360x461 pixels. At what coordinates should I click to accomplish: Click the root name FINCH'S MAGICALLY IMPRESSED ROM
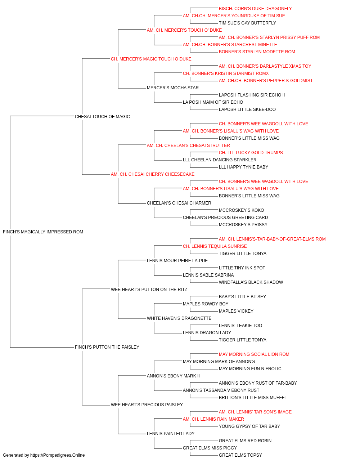(x=43, y=232)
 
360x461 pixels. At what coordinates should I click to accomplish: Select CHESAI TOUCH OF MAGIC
(x=102, y=116)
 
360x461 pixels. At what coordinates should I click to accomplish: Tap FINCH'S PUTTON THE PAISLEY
(x=107, y=347)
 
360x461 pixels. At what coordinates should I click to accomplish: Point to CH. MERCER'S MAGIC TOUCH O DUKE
(x=151, y=59)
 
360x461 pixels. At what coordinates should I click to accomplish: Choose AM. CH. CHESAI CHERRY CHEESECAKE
(x=153, y=174)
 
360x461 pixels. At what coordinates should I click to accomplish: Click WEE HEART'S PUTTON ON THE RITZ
(x=149, y=289)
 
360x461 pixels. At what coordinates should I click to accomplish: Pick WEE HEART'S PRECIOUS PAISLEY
(x=147, y=404)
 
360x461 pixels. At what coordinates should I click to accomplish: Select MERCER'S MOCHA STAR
(x=173, y=88)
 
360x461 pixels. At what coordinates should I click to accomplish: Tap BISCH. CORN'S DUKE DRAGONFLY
(x=255, y=9)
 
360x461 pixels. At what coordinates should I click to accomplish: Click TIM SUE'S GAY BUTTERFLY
(x=247, y=23)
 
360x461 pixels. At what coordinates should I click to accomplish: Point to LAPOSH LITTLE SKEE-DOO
(x=247, y=109)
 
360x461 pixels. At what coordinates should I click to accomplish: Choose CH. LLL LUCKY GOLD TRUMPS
(x=251, y=153)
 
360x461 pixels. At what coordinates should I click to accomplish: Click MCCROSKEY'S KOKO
(x=242, y=210)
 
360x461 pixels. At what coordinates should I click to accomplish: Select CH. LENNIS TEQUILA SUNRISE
(x=215, y=246)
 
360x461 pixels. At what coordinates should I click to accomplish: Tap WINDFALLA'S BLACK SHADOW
(x=251, y=282)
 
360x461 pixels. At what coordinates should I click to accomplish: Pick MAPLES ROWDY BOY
(x=206, y=304)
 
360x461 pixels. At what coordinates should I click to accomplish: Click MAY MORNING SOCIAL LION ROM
(x=254, y=354)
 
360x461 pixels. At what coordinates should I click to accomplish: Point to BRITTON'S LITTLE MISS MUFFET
(x=253, y=398)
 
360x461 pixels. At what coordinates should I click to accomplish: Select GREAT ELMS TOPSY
(x=240, y=455)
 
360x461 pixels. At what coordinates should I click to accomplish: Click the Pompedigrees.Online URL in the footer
(x=58, y=455)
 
